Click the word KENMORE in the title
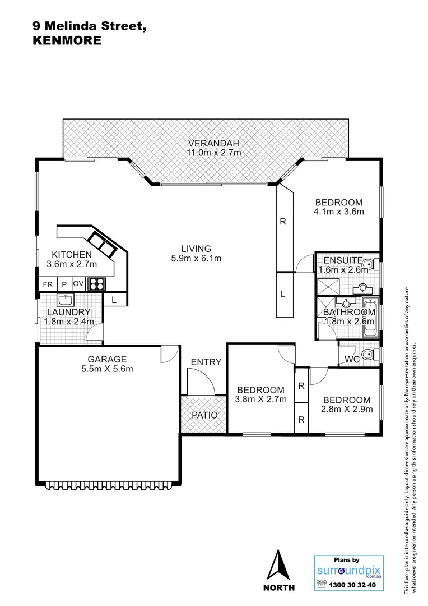click(68, 40)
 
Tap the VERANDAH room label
click(214, 141)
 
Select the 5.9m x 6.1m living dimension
click(196, 259)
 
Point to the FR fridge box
click(48, 284)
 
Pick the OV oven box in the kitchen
click(78, 284)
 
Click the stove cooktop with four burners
click(96, 284)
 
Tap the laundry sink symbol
click(66, 299)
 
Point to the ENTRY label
click(206, 362)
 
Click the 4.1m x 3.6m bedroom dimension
click(339, 212)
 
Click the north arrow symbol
click(279, 567)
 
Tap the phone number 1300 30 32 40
click(352, 584)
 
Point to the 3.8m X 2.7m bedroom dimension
click(261, 400)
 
